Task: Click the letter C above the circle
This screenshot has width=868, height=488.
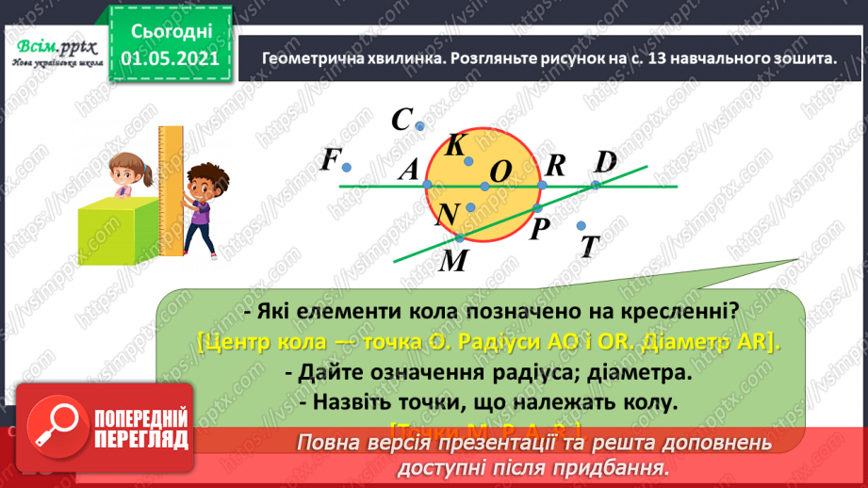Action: pyautogui.click(x=402, y=120)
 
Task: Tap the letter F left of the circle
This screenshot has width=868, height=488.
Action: pyautogui.click(x=329, y=160)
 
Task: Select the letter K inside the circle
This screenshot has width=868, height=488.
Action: pyautogui.click(x=455, y=145)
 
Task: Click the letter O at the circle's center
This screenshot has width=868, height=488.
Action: pyautogui.click(x=501, y=171)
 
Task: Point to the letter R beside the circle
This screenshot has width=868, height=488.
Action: pyautogui.click(x=555, y=166)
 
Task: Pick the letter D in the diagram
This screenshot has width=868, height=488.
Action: pyautogui.click(x=605, y=161)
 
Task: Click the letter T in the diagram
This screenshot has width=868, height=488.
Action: pyautogui.click(x=590, y=247)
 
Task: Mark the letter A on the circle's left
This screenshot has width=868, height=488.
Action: pyautogui.click(x=408, y=170)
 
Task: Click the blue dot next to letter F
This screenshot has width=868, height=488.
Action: pyautogui.click(x=347, y=168)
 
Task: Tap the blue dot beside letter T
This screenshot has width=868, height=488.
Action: pyautogui.click(x=581, y=225)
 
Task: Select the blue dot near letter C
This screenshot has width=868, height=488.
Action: pyautogui.click(x=420, y=125)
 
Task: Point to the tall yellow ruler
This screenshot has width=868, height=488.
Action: pyautogui.click(x=172, y=188)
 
